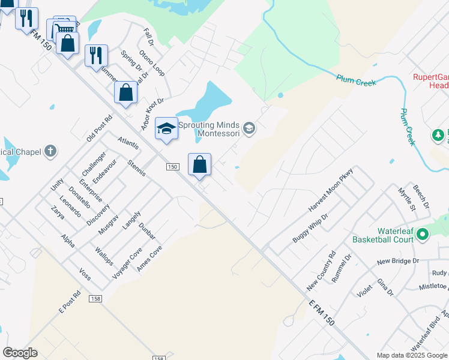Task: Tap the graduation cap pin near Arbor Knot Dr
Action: [x=166, y=128]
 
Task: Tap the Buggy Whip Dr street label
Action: [x=310, y=228]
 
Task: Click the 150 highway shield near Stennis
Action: [x=173, y=167]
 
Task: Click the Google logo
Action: [x=20, y=353]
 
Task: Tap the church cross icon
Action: [x=51, y=151]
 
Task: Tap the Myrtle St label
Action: [x=406, y=199]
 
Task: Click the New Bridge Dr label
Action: [x=397, y=261]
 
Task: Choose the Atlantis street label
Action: [x=128, y=143]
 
